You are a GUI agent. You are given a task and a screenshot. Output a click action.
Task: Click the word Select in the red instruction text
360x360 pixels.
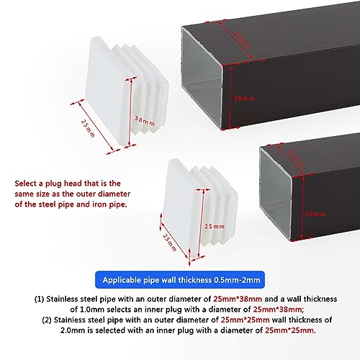[29, 184]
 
